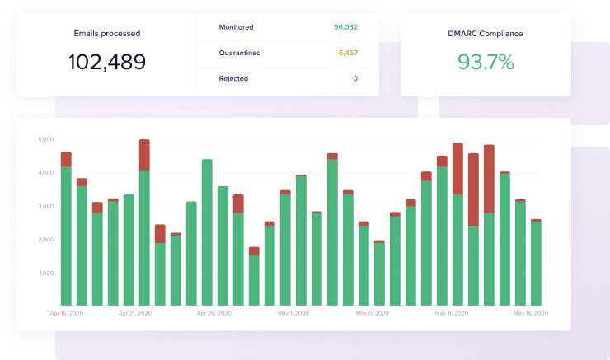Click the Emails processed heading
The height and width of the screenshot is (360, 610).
[107, 34]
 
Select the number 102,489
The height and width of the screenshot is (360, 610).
[106, 62]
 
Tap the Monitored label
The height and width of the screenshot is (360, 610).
[236, 27]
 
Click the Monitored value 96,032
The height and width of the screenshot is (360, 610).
[345, 27]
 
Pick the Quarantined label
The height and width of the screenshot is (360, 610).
[240, 53]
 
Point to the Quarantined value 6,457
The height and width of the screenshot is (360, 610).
[348, 53]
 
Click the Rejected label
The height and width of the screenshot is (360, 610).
[233, 79]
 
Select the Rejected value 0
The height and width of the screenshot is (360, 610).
[355, 79]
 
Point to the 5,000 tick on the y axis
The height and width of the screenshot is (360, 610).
[45, 139]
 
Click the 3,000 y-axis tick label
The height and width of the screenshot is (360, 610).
[45, 206]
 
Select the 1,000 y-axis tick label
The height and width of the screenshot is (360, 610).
[45, 274]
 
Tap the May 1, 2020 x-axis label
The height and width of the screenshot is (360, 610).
[293, 314]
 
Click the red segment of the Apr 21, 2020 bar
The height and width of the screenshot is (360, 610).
[144, 155]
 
